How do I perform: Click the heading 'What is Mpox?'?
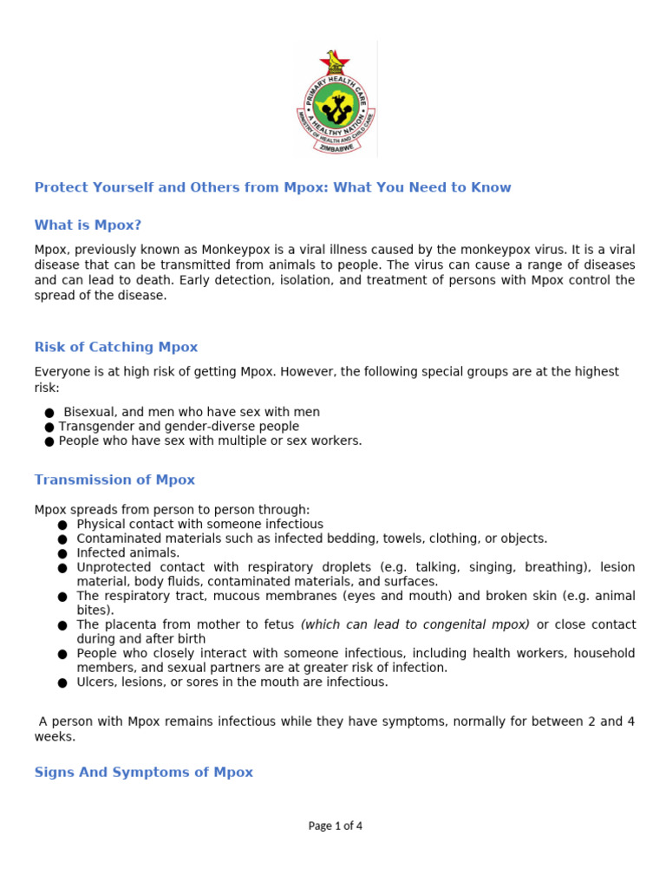coord(88,225)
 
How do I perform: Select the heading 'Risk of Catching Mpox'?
coord(116,347)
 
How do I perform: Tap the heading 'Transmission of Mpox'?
coord(114,480)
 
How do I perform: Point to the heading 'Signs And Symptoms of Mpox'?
coord(144,772)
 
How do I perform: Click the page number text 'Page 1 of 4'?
coord(335,826)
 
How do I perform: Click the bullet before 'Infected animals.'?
coord(62,553)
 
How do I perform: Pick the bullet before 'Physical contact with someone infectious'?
coord(62,525)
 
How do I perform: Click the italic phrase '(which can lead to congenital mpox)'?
coord(415,624)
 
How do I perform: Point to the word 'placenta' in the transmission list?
coord(128,624)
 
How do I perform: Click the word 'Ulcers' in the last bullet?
coord(95,682)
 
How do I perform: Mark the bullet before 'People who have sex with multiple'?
coord(49,441)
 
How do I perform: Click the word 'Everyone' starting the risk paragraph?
coord(62,371)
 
